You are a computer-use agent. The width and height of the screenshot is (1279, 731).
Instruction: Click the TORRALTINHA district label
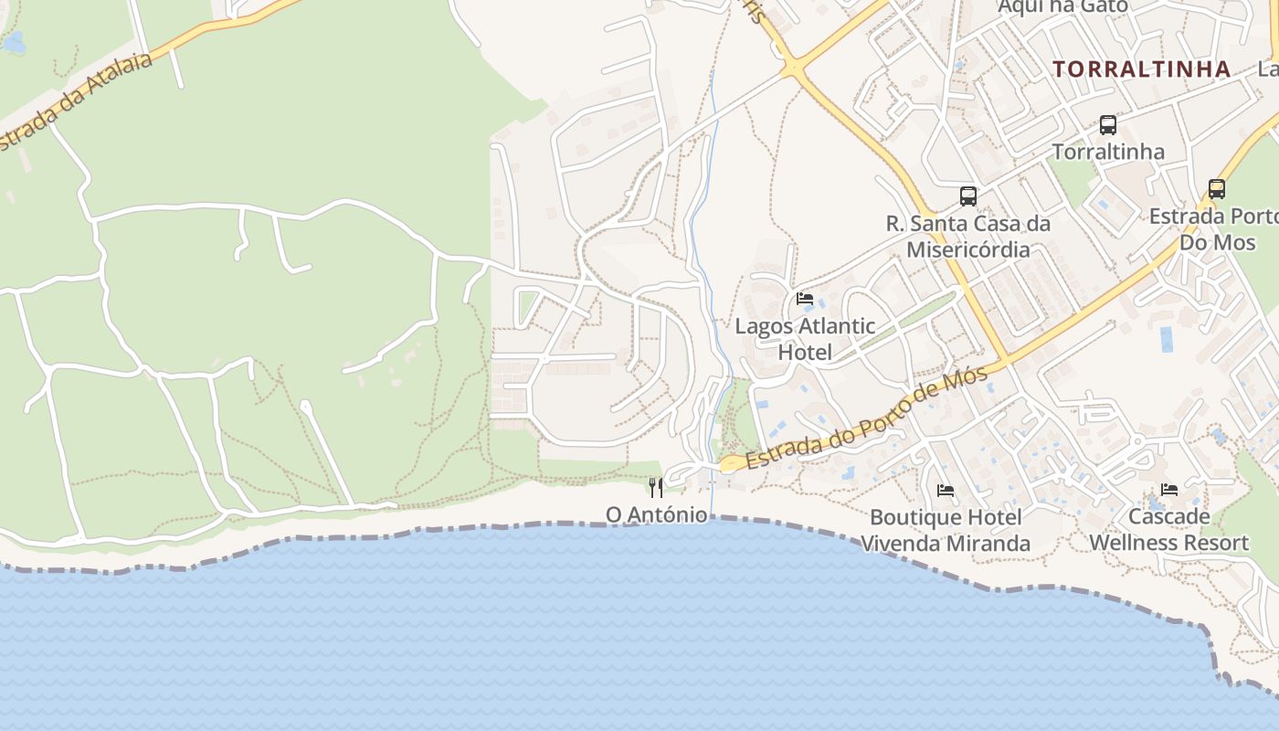[1141, 69]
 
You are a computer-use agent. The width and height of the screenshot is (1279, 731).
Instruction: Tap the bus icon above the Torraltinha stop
[1108, 125]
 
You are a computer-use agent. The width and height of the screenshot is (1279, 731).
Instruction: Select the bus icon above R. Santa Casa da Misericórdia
[968, 196]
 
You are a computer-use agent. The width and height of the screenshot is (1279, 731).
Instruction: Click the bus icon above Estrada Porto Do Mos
[1217, 189]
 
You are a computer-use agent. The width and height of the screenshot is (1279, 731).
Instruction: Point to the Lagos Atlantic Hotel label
[805, 339]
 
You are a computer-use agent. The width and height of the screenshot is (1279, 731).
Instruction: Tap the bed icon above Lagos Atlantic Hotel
[805, 299]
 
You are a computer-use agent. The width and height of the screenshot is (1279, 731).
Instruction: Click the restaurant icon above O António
[656, 487]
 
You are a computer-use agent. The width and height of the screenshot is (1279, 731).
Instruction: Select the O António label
[656, 515]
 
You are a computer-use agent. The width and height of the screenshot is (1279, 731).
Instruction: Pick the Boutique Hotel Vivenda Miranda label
[946, 530]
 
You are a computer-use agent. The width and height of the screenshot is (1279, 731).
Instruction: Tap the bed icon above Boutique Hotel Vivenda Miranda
[946, 491]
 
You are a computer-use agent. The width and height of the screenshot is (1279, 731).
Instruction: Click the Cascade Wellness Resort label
[1168, 529]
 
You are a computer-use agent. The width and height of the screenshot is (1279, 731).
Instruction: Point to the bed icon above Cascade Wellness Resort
[1168, 490]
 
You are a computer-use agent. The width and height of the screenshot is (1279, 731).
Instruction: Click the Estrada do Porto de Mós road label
[867, 419]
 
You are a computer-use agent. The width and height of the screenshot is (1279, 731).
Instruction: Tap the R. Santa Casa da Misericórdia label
[968, 237]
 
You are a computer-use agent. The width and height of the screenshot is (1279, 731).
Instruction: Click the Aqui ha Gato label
[1062, 6]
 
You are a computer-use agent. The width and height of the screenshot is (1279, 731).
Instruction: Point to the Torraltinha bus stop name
[1108, 152]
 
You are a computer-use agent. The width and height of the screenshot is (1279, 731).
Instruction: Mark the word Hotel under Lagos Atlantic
[805, 353]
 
